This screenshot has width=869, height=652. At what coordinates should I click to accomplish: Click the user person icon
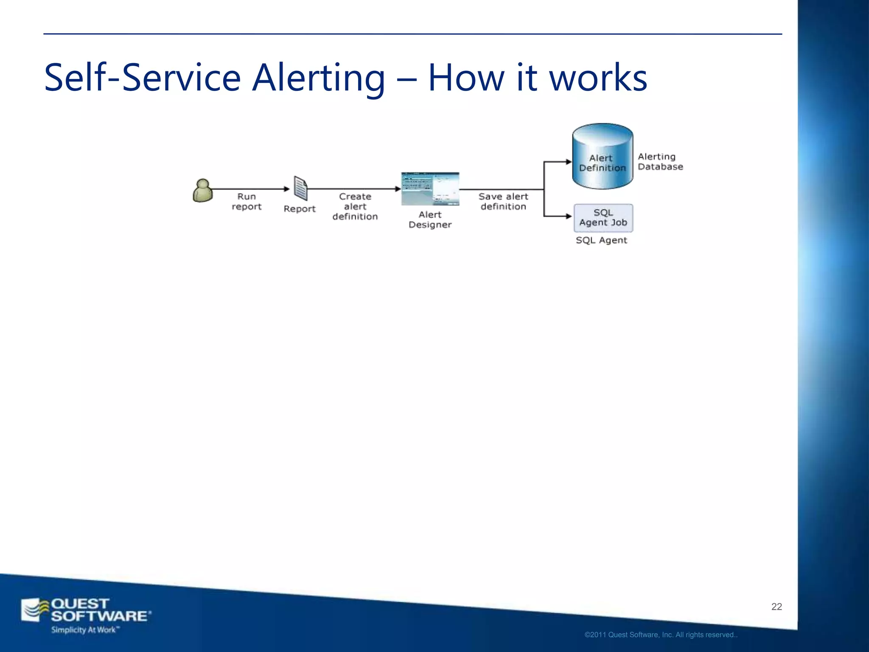click(x=203, y=191)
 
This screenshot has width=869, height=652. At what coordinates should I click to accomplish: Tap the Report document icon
click(x=300, y=188)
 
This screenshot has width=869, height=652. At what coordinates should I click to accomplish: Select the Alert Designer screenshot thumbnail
click(x=430, y=189)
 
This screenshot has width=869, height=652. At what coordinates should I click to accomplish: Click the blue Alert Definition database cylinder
click(x=602, y=157)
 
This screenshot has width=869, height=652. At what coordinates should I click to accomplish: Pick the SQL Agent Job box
click(x=603, y=218)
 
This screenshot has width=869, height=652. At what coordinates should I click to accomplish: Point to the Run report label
click(x=247, y=202)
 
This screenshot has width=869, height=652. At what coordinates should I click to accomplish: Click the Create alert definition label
click(x=355, y=207)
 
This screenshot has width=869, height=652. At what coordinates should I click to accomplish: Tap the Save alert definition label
click(x=503, y=202)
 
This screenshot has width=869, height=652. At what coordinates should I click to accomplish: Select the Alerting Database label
click(x=660, y=162)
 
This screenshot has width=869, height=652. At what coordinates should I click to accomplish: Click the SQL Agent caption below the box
click(x=601, y=240)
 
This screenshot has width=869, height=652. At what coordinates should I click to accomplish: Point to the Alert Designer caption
click(x=430, y=220)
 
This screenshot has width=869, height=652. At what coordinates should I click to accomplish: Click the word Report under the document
click(x=300, y=209)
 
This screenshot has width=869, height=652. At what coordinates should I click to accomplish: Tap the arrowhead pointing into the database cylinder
click(x=569, y=162)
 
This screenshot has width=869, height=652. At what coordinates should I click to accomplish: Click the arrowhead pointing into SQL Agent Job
click(x=569, y=216)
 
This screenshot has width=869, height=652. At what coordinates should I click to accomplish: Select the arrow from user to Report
click(x=250, y=189)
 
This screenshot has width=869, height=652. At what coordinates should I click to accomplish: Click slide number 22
click(x=776, y=607)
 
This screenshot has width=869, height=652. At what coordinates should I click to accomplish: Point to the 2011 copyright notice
click(x=661, y=635)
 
